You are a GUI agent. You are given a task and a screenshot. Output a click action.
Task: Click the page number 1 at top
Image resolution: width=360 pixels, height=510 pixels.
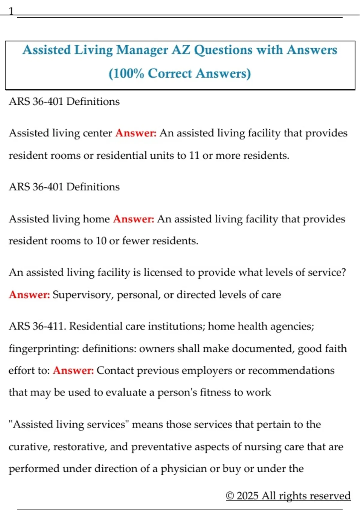pos(11,11)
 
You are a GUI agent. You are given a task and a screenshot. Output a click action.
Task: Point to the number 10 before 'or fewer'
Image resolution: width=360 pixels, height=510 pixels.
pos(101,241)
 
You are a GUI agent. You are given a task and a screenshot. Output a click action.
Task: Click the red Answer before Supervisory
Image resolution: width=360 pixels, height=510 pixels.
pos(29,295)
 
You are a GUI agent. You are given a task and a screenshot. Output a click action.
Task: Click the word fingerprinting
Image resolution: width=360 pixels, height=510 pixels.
pos(43,349)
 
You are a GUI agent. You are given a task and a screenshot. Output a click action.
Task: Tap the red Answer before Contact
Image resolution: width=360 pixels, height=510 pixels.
pos(73,370)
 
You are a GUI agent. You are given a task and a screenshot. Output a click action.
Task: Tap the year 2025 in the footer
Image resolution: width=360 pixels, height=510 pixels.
pos(247,496)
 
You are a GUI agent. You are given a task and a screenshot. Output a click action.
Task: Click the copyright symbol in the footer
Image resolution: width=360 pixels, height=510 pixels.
pos(230,496)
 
